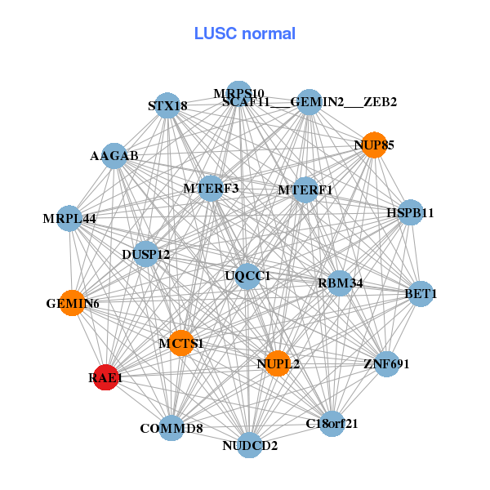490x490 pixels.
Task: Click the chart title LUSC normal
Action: click(x=245, y=33)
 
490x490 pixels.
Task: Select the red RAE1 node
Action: click(x=105, y=377)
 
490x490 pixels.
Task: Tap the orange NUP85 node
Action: click(x=374, y=145)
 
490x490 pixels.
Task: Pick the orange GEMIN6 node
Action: click(x=73, y=304)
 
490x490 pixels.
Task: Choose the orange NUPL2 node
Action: click(x=278, y=363)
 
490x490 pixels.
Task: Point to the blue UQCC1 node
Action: click(x=247, y=275)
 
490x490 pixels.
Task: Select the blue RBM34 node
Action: click(x=340, y=283)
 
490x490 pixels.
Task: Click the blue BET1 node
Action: click(x=420, y=293)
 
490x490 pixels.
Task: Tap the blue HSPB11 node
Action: click(x=410, y=213)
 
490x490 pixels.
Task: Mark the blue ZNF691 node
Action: click(x=385, y=363)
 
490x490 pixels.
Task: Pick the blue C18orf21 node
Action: click(x=332, y=423)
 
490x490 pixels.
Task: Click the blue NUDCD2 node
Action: click(x=251, y=445)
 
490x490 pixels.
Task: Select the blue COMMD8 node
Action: click(x=171, y=428)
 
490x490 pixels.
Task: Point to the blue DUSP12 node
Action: click(x=146, y=254)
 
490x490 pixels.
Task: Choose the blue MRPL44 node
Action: click(x=69, y=218)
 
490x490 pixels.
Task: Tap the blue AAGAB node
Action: click(x=114, y=155)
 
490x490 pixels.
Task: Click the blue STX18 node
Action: click(x=167, y=105)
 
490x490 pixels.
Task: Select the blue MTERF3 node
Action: click(x=211, y=188)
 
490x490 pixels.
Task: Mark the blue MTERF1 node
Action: click(x=305, y=190)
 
